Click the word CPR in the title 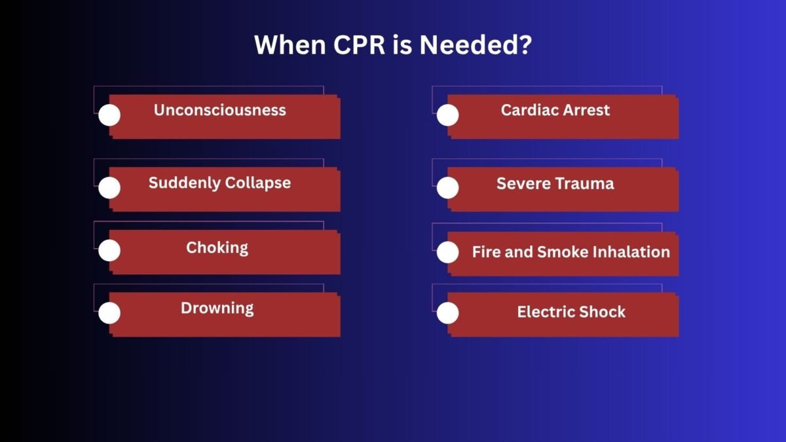(x=359, y=45)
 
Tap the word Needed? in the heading (x=476, y=45)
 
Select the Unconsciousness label (x=220, y=110)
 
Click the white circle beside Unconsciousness (x=109, y=115)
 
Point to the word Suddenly (x=184, y=183)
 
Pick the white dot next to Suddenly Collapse (x=109, y=188)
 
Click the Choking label (x=217, y=248)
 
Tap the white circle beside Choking (x=109, y=250)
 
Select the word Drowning (x=217, y=308)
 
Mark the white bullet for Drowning (x=109, y=313)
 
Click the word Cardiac (x=530, y=110)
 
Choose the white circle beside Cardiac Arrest (x=448, y=115)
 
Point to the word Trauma (x=584, y=183)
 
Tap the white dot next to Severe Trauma (x=448, y=188)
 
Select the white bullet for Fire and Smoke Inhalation (x=448, y=252)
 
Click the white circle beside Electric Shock (x=448, y=313)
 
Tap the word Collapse (x=258, y=183)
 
